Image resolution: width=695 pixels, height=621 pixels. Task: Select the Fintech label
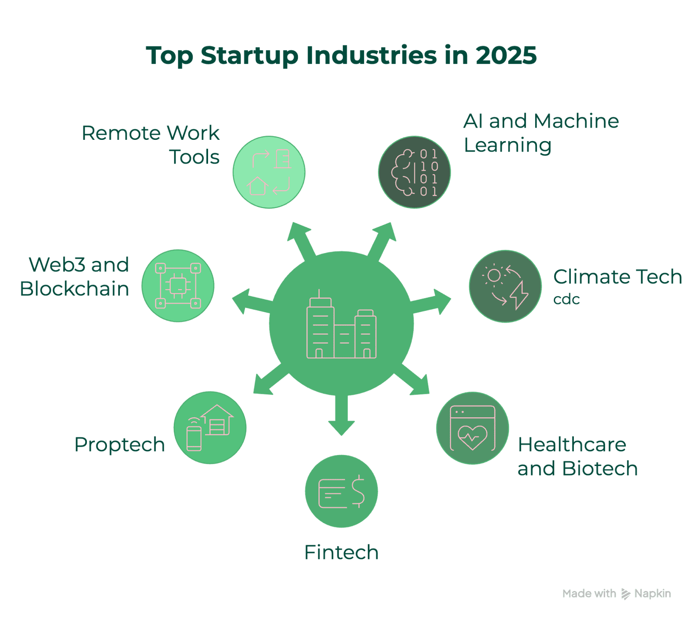341,552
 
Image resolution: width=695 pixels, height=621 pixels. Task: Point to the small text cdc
566,300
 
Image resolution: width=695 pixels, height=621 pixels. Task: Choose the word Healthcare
572,445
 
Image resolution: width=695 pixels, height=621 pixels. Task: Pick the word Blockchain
74,289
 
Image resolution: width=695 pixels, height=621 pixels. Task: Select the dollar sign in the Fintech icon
358,491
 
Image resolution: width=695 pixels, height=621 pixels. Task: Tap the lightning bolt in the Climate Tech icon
519,295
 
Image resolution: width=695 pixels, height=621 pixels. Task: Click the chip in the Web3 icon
178,286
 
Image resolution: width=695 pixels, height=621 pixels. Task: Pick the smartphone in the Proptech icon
194,439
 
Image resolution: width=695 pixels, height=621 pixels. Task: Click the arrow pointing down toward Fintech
341,415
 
